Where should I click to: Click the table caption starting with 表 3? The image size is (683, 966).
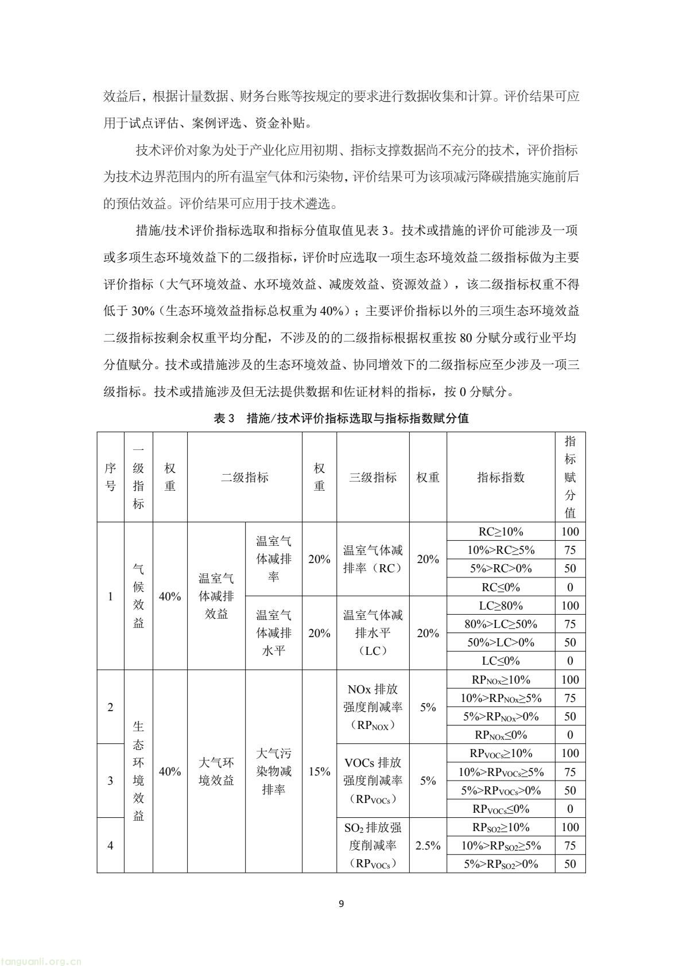click(x=341, y=418)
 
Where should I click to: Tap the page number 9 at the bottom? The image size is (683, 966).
click(x=341, y=904)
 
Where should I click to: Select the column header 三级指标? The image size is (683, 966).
click(x=372, y=477)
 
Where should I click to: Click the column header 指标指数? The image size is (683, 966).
click(x=500, y=477)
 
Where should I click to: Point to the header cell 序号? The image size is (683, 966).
click(x=110, y=477)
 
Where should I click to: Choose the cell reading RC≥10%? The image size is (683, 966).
click(x=500, y=532)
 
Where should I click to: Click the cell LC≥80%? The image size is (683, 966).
click(x=500, y=606)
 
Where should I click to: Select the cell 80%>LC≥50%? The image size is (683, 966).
click(x=500, y=624)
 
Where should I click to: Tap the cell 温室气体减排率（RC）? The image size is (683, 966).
click(x=372, y=559)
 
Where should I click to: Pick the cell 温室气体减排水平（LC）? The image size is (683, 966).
click(x=372, y=633)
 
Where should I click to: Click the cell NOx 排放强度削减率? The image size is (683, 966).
click(x=372, y=707)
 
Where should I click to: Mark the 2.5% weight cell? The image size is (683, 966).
click(x=428, y=845)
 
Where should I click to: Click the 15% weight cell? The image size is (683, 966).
click(x=319, y=771)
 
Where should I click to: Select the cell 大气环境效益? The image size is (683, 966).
click(x=216, y=771)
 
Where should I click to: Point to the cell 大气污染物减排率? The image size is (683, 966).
click(x=273, y=771)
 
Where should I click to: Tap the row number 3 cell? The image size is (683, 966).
click(x=110, y=781)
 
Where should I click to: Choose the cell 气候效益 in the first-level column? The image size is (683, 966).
click(x=138, y=596)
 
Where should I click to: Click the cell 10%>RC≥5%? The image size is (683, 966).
click(x=500, y=550)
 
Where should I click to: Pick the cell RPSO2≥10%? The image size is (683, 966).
click(x=500, y=827)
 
